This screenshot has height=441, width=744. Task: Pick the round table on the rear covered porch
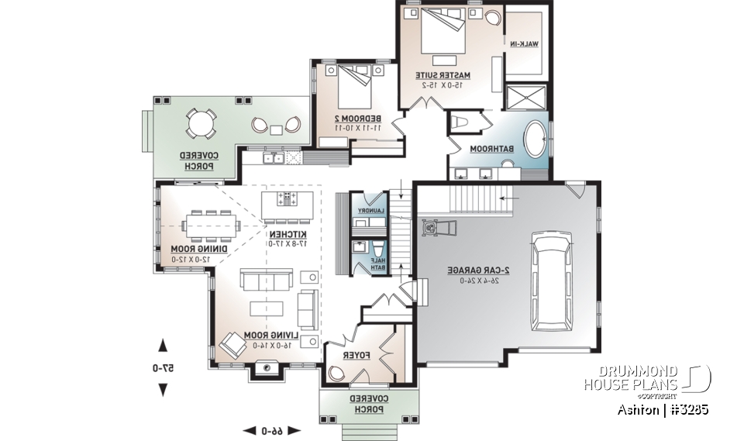[x=201, y=123]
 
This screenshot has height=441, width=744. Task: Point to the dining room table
[x=212, y=226]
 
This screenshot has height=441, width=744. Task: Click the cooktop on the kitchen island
[x=288, y=199]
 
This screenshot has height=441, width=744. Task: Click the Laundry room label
[x=369, y=210]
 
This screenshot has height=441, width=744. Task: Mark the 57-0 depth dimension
[x=164, y=368]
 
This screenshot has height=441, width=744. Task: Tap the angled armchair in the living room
[x=232, y=343]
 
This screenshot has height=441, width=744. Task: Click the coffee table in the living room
[x=266, y=308]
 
